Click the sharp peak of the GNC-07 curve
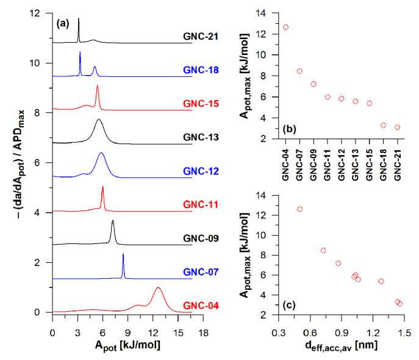click(x=123, y=254)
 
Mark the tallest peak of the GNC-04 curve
click(x=158, y=288)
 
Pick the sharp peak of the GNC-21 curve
click(x=79, y=19)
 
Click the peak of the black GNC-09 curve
click(x=113, y=221)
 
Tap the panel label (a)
click(x=63, y=24)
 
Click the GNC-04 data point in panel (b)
click(x=285, y=27)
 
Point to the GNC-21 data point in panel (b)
click(x=397, y=128)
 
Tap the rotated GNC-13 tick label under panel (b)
click(x=356, y=163)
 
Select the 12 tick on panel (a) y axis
click(x=41, y=13)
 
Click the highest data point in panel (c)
click(x=299, y=209)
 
